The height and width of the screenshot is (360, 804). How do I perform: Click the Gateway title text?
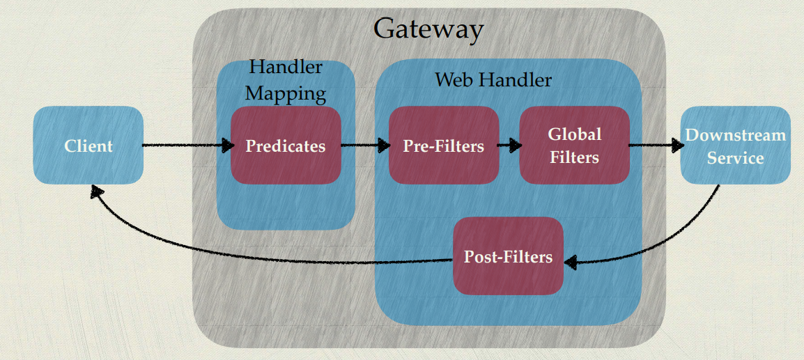428,29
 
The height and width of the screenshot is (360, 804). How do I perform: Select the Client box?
88,146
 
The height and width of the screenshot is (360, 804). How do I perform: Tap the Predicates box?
286,146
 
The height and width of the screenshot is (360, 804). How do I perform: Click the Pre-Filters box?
444,146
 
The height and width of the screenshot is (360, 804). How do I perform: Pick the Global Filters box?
574,146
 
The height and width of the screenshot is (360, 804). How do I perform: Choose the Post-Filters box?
508,256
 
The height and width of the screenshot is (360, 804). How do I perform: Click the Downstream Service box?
735,146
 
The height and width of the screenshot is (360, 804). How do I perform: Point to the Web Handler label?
493,79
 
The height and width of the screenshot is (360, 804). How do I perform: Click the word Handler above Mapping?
286,67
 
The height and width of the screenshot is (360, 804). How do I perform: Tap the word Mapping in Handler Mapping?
286,93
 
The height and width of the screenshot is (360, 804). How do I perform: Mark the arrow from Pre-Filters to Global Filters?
509,146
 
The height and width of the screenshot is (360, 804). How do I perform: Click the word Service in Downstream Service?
735,158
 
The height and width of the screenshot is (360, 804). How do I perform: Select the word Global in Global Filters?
574,134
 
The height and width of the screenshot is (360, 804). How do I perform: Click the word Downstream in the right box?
735,134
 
